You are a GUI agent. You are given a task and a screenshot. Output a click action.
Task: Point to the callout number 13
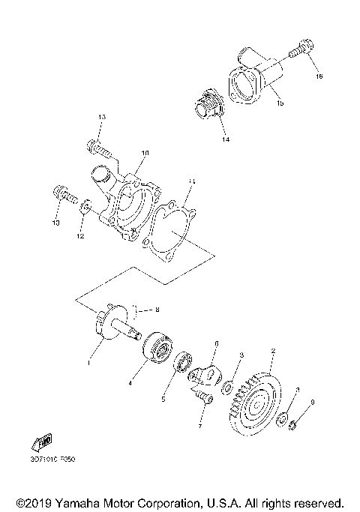pos(102,118)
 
